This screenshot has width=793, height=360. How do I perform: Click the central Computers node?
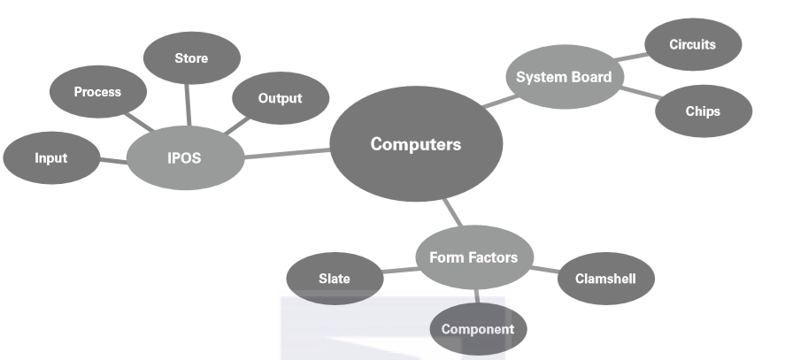pos(415,144)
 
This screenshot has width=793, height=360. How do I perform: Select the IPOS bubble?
pos(184,159)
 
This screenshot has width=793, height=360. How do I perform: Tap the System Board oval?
pos(564,77)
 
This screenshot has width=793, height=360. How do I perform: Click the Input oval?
pos(50,159)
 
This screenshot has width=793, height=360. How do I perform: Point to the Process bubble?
pos(97,92)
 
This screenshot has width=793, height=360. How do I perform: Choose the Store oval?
pos(191,59)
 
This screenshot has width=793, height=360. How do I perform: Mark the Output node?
pos(280,99)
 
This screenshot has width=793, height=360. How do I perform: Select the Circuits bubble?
pos(692,43)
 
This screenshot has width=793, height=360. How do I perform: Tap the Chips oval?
pos(703,111)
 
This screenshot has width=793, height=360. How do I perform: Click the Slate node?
pos(334,279)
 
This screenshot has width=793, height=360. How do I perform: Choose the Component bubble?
pos(478,330)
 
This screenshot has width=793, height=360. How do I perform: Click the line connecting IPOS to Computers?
pos(287,154)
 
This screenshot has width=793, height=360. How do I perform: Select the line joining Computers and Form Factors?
pos(452,211)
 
